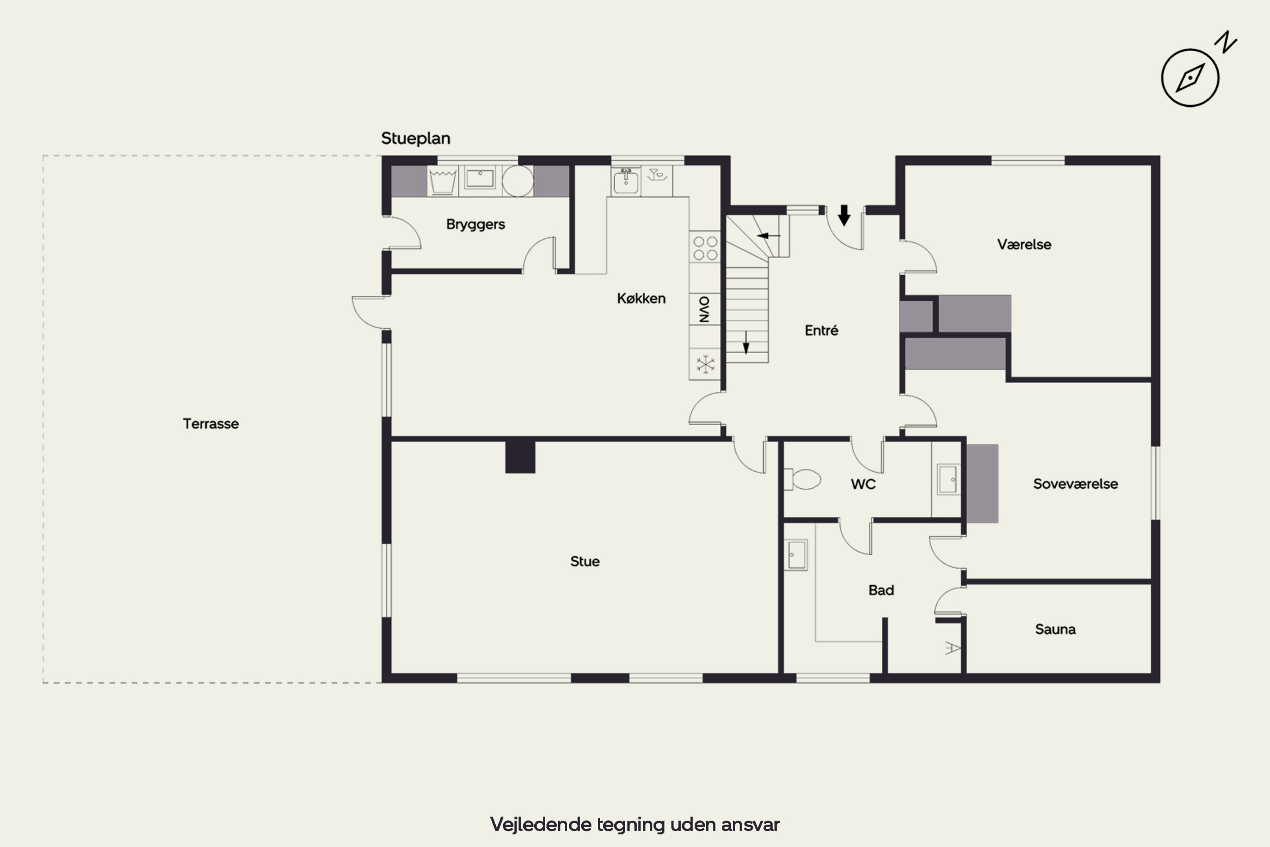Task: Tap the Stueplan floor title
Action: [x=416, y=139]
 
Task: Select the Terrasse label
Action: [x=210, y=423]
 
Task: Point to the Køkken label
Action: [x=641, y=298]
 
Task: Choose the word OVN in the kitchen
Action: [x=704, y=309]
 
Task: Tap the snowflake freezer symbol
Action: [x=705, y=364]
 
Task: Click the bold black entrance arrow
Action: [x=844, y=215]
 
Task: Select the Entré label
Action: [x=821, y=330]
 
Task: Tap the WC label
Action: [x=863, y=484]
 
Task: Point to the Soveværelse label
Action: [x=1076, y=484]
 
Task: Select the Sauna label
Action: [x=1055, y=629]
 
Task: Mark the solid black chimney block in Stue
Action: [x=520, y=457]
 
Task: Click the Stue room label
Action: [x=585, y=561]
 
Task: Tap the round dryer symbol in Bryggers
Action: [x=518, y=181]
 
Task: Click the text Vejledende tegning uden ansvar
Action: [x=635, y=824]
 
